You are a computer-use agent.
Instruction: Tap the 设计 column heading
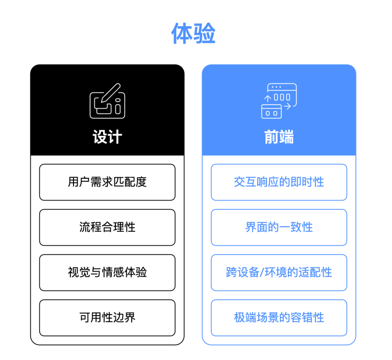pos(107,137)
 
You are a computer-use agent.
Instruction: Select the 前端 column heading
pos(279,137)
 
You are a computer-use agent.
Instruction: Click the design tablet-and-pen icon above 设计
pos(107,101)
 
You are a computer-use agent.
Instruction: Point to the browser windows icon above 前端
pos(279,101)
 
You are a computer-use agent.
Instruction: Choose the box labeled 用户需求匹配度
pos(107,182)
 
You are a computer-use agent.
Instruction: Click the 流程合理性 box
pos(107,227)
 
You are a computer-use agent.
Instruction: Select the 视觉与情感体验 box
pos(107,272)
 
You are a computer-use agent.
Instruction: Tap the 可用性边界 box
pos(107,318)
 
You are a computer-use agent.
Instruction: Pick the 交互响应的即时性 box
pos(279,182)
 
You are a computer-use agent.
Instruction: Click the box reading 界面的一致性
pos(279,227)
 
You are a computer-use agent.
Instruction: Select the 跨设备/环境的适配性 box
pos(279,272)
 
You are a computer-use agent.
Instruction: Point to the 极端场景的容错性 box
pos(279,318)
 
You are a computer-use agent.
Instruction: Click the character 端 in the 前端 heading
pos(286,137)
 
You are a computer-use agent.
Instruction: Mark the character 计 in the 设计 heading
pos(115,137)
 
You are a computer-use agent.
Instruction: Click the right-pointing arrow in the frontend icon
pos(287,106)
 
